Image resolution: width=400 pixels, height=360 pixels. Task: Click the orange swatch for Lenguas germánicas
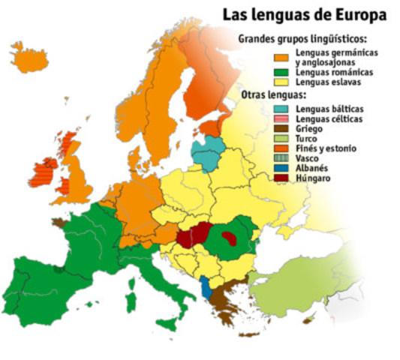[282, 56]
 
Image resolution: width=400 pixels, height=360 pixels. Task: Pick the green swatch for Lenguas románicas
[282, 72]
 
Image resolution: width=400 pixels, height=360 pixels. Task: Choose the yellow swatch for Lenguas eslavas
[282, 82]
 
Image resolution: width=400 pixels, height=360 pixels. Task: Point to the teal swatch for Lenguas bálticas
[282, 109]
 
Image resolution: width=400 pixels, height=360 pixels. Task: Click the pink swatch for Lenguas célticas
[282, 119]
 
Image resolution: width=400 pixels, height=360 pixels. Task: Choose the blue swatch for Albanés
[282, 168]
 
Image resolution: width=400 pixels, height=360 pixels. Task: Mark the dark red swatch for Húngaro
[282, 178]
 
